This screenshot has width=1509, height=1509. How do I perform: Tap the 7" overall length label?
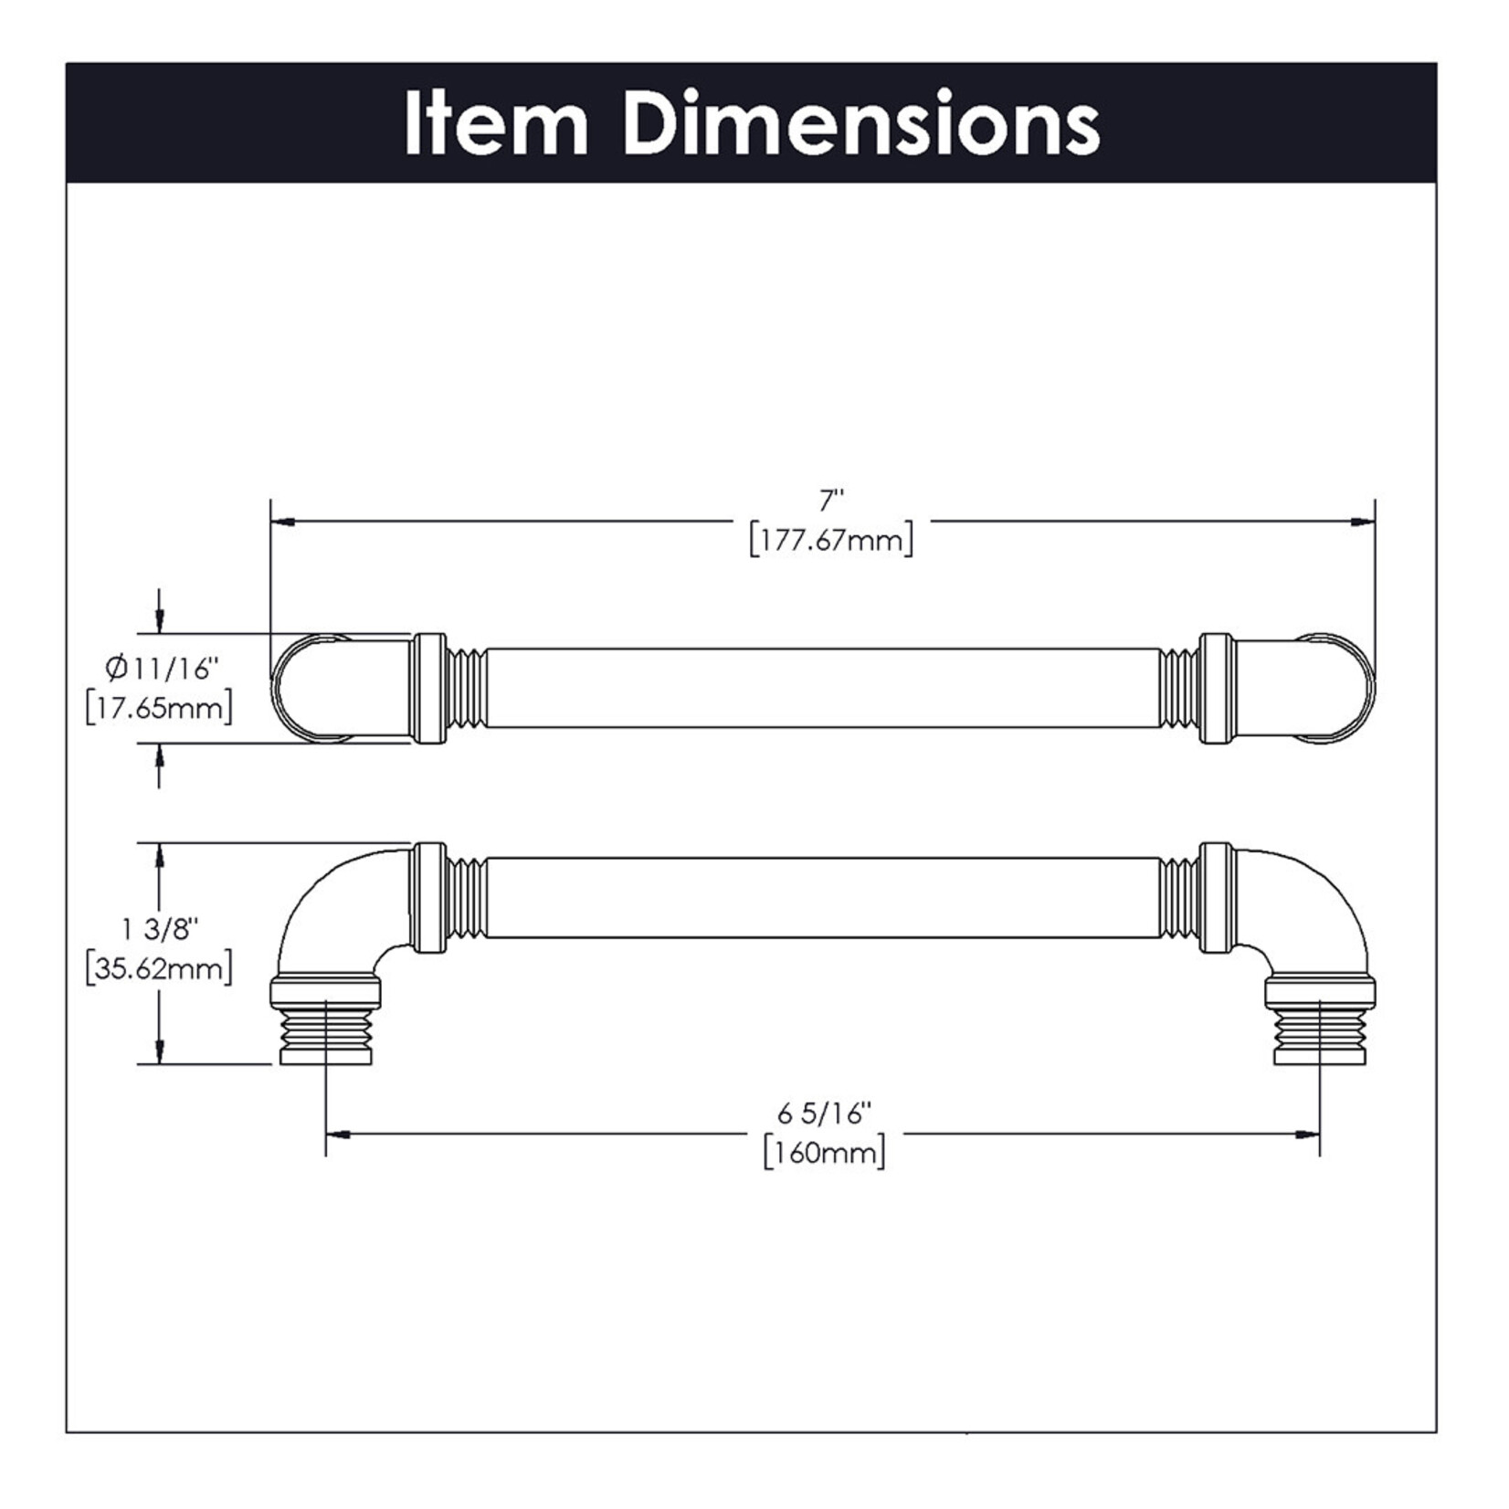pyautogui.click(x=830, y=501)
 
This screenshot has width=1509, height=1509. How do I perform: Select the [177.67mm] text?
pyautogui.click(x=830, y=541)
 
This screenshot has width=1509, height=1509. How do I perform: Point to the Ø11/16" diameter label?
pyautogui.click(x=163, y=669)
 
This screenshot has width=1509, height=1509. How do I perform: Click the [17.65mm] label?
pyautogui.click(x=159, y=708)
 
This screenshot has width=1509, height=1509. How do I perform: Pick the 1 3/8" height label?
pyautogui.click(x=160, y=929)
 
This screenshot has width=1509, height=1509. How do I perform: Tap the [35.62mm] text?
pyautogui.click(x=159, y=968)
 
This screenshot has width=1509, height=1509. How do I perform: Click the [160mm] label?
pyautogui.click(x=825, y=1153)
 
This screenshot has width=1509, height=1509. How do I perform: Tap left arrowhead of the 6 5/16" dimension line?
pyautogui.click(x=339, y=1134)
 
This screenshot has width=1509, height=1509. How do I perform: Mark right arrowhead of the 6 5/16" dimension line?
pyautogui.click(x=1307, y=1134)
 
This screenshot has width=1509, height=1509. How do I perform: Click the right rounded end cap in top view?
pyautogui.click(x=1343, y=687)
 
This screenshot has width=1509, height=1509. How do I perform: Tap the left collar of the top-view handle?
pyautogui.click(x=428, y=687)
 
